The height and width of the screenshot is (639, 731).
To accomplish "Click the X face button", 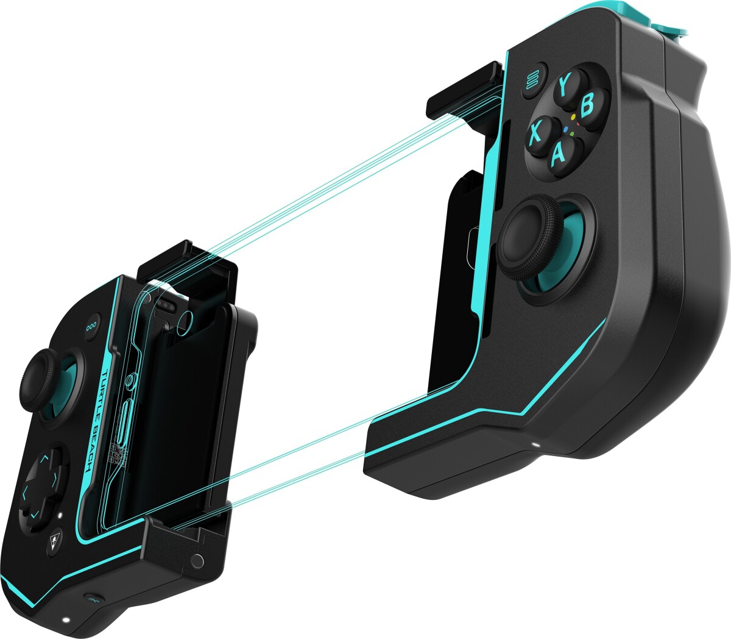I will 536,132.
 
